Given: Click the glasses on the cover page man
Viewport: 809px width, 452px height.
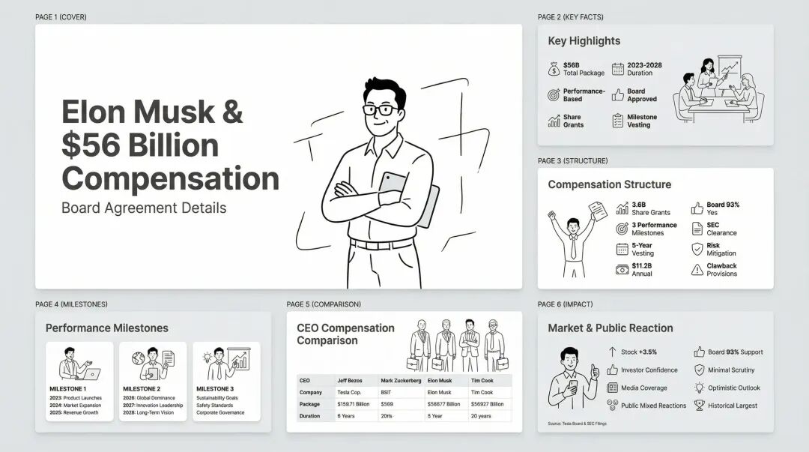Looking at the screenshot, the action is pos(381,109).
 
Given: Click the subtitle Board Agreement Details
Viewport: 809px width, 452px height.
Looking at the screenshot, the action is pos(144,208).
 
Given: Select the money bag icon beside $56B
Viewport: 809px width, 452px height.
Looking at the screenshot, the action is pos(554,69).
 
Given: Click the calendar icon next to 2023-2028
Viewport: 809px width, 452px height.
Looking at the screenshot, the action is pos(617,69).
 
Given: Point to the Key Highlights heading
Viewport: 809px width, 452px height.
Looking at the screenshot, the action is pos(584,40).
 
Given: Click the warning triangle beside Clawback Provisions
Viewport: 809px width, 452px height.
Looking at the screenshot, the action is pos(697,270).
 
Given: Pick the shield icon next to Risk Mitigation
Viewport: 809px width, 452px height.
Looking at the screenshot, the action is pos(697,249).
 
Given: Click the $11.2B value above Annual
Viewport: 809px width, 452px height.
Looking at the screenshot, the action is pos(642,266).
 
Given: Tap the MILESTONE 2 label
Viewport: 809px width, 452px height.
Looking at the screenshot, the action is pos(142,389).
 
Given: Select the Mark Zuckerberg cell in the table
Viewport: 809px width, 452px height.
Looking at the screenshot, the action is pos(401,381).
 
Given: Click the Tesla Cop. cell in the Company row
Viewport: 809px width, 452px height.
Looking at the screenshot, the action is pos(349,393).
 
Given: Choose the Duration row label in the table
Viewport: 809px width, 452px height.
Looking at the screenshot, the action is pos(309,416).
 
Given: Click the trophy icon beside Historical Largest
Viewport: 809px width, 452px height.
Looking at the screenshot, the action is pos(699,406).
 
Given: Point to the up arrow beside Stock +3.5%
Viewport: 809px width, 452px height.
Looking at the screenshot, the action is pos(613,352).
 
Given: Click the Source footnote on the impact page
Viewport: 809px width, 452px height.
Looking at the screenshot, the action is pos(578,424).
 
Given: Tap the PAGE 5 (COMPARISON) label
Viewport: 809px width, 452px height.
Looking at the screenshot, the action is pos(324,304).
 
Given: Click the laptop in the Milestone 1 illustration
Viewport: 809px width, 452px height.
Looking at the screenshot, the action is pos(92,374).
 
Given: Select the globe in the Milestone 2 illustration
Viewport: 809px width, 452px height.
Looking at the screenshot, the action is pos(138,358).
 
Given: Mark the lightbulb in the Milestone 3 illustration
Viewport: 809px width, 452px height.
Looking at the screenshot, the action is pos(207,357).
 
